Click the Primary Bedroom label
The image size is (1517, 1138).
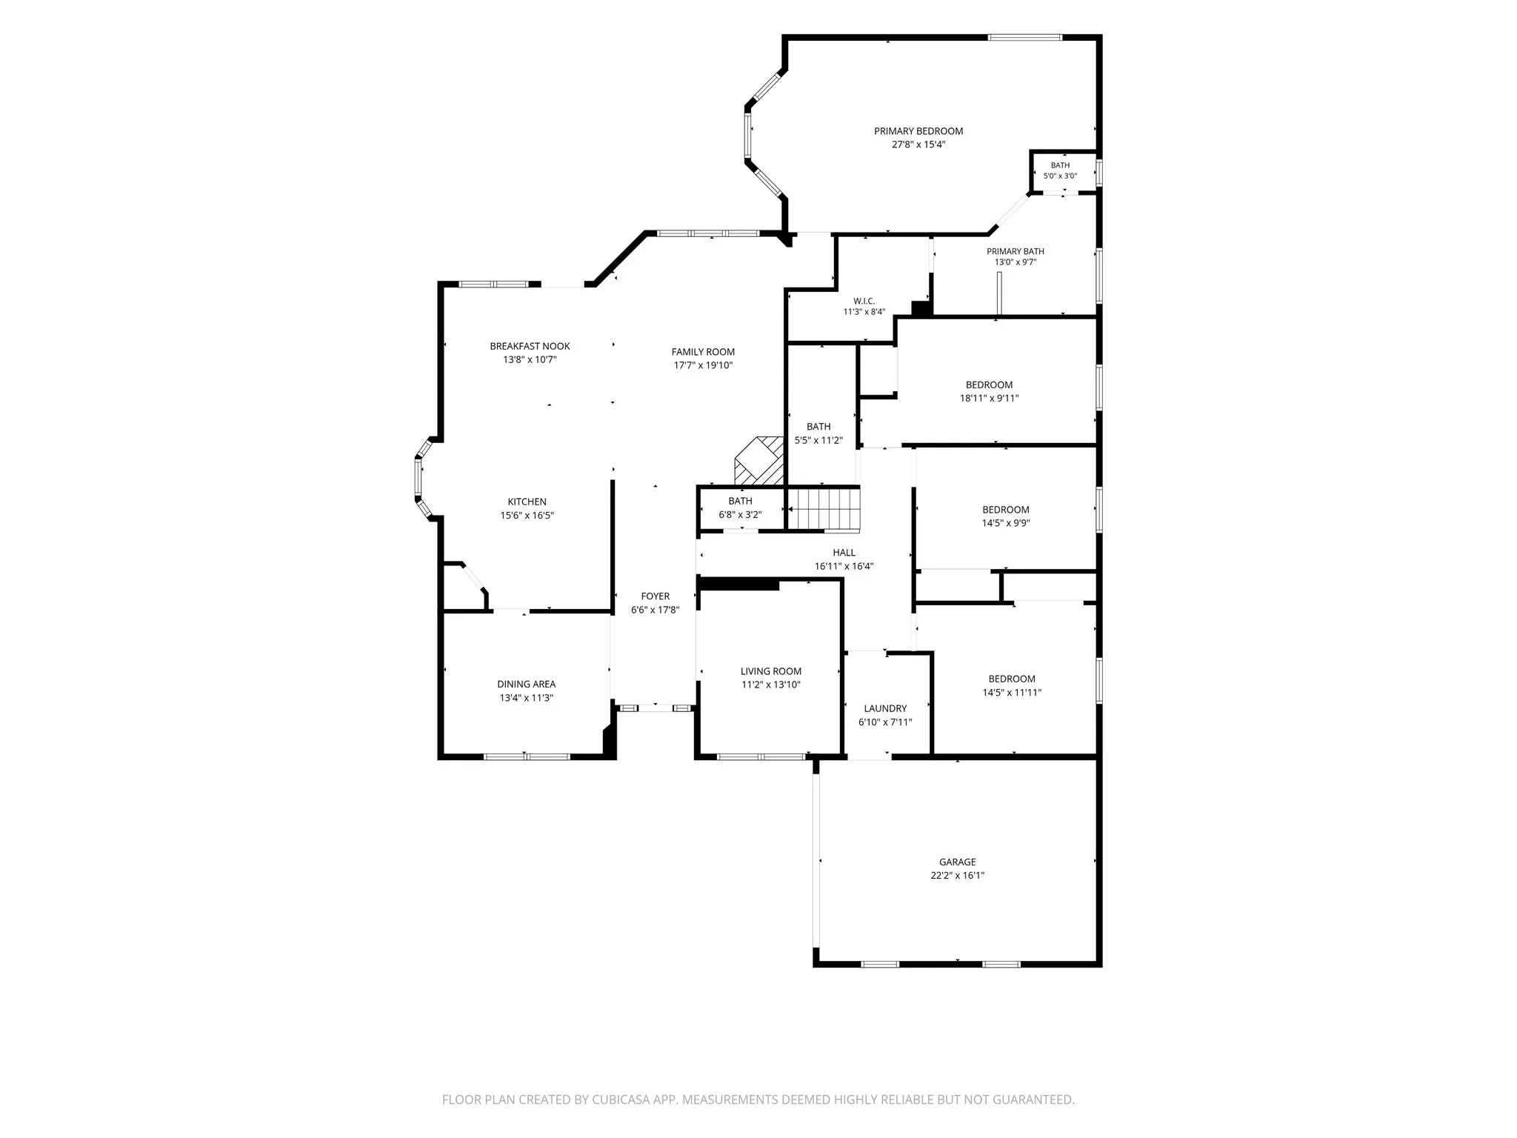[x=918, y=131]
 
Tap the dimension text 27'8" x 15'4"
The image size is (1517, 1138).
[x=918, y=144]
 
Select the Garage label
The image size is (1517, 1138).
[x=958, y=862]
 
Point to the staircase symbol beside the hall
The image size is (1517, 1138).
[x=824, y=509]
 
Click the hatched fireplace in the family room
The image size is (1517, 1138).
[x=759, y=460]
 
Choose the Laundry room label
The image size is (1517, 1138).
[x=885, y=708]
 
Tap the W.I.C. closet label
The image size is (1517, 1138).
[x=864, y=301]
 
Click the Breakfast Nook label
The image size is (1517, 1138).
[x=530, y=346]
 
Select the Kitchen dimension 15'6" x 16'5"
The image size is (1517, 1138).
[x=527, y=516]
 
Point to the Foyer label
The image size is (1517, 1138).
[x=656, y=596]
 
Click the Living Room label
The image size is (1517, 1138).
[x=771, y=671]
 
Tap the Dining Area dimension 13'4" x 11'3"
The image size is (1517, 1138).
[x=527, y=698]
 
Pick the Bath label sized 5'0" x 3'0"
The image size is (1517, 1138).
[x=1060, y=165]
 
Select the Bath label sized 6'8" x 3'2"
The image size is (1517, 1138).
[x=741, y=501]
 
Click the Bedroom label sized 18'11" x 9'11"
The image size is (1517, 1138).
[x=990, y=385]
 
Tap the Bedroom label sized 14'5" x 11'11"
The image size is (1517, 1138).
[x=1012, y=679]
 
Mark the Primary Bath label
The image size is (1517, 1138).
[x=1016, y=251]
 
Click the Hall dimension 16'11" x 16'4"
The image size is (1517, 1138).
[x=844, y=567]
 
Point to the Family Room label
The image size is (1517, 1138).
[x=704, y=352]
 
